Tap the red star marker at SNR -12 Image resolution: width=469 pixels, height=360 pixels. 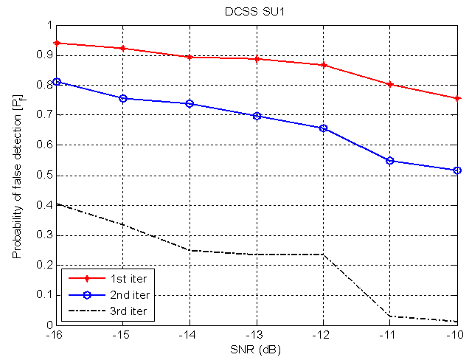pyautogui.click(x=323, y=65)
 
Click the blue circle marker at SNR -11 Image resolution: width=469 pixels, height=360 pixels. pyautogui.click(x=390, y=161)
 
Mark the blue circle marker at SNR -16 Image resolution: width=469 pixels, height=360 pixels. pyautogui.click(x=56, y=82)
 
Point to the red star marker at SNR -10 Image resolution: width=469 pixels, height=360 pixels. pyautogui.click(x=457, y=98)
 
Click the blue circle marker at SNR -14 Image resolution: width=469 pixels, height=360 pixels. pyautogui.click(x=190, y=104)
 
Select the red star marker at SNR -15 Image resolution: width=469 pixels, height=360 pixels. pyautogui.click(x=122, y=49)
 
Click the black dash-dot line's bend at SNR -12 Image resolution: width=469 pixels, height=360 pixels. pyautogui.click(x=323, y=255)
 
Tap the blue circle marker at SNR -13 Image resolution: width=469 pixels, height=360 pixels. pyautogui.click(x=257, y=116)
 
